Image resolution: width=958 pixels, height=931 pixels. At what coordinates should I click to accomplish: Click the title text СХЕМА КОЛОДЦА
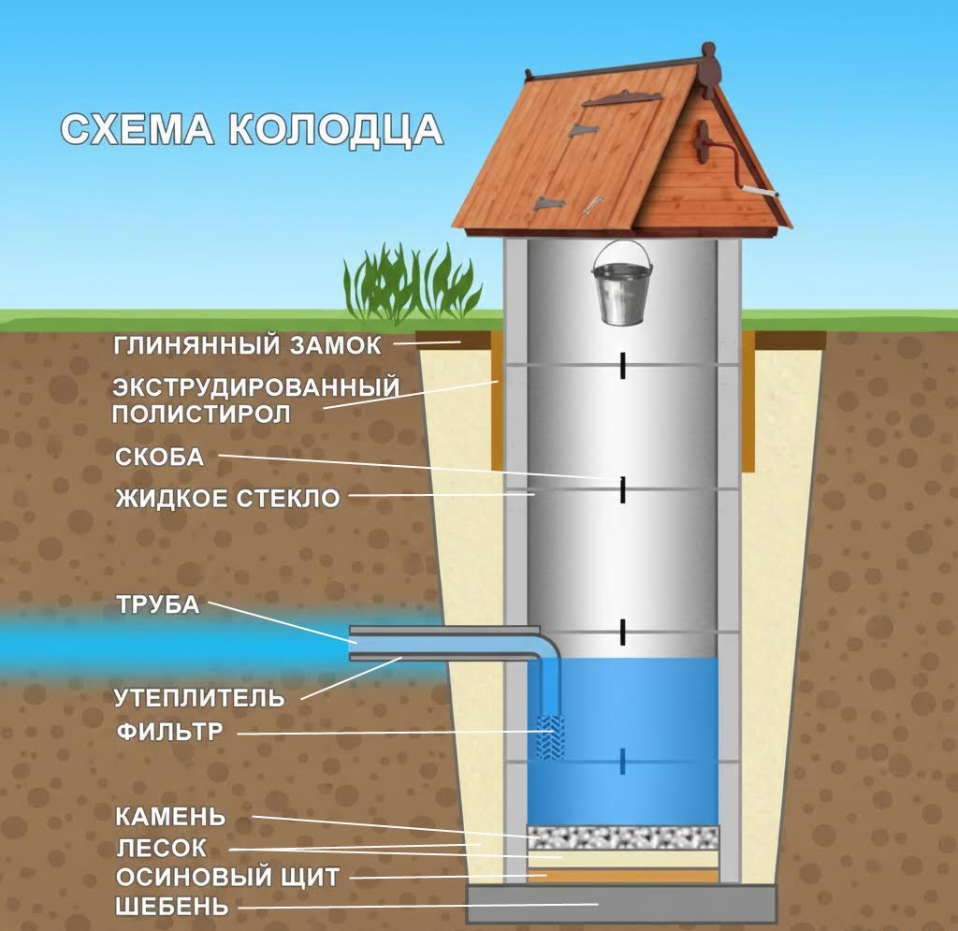[252, 129]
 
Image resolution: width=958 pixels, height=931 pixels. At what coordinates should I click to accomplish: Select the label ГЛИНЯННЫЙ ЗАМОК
[247, 346]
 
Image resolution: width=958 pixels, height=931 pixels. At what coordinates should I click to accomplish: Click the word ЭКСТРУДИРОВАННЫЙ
[256, 387]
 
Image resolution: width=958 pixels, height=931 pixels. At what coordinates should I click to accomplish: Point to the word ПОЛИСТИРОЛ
[201, 415]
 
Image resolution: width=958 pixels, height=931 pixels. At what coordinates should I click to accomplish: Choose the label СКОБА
[159, 457]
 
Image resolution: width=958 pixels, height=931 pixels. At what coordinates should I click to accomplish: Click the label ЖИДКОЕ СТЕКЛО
[227, 499]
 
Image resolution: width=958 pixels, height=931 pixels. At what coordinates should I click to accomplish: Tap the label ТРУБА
[158, 604]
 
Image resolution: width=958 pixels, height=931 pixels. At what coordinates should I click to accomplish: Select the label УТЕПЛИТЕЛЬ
[199, 697]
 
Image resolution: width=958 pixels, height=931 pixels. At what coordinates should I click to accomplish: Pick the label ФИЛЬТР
[170, 732]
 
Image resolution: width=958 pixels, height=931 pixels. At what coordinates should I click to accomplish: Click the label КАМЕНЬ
[170, 816]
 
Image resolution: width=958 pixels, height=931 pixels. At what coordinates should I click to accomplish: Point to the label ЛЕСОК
[162, 848]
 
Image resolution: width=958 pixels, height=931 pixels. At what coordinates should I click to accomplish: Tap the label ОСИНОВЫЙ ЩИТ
[227, 878]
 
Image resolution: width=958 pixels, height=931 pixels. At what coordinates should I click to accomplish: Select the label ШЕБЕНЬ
[172, 907]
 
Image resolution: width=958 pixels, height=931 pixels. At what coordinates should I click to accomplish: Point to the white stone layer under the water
[622, 836]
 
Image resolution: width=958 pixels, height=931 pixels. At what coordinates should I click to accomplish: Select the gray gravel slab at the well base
[621, 903]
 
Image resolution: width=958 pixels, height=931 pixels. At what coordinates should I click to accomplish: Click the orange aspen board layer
[622, 876]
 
